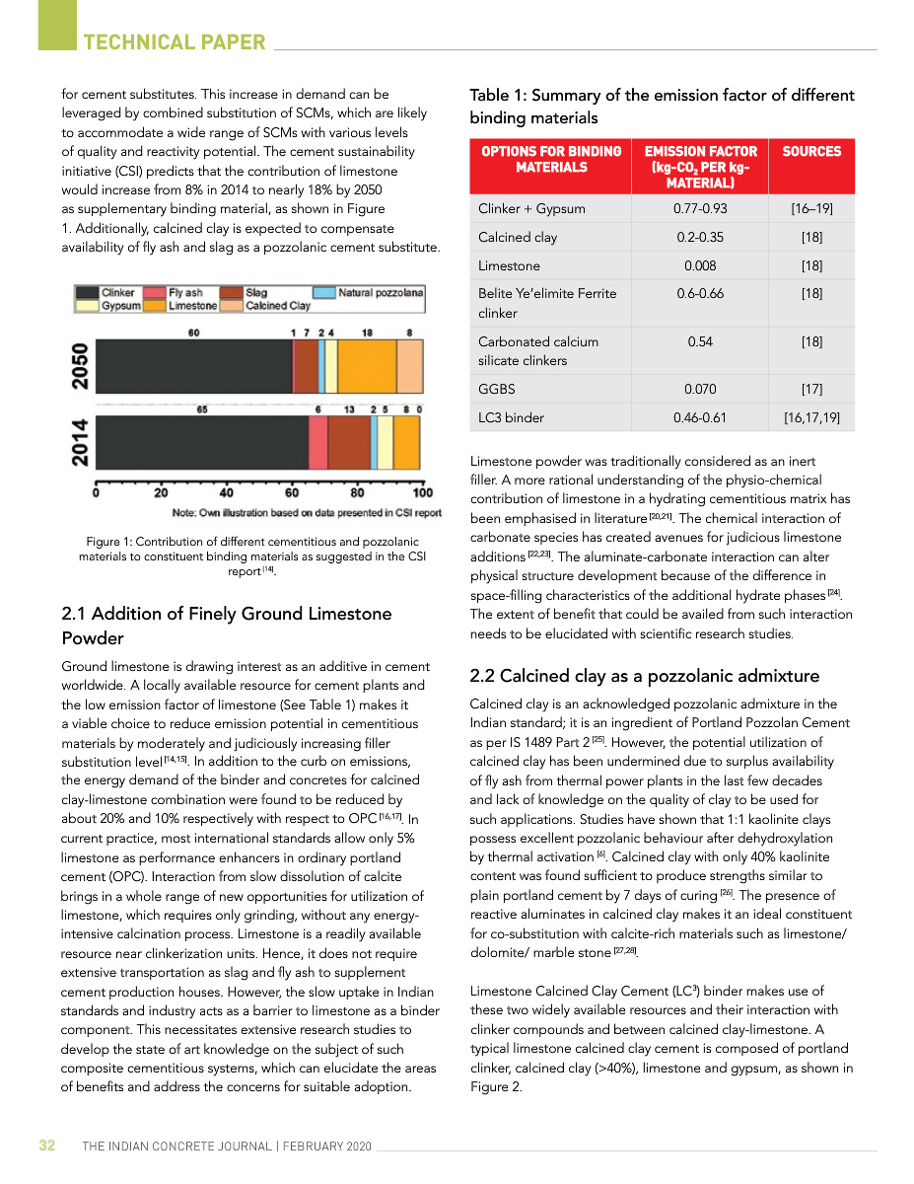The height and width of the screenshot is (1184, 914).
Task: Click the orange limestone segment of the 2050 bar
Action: [367, 365]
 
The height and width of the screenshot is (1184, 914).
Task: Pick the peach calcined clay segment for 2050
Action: [409, 365]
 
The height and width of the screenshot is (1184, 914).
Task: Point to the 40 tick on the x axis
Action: [226, 493]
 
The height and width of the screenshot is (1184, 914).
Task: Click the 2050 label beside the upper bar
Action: [82, 365]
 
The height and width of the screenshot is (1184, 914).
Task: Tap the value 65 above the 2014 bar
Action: [201, 408]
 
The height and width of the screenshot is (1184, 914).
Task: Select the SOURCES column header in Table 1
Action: [811, 152]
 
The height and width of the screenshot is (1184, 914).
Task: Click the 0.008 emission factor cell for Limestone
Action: [700, 265]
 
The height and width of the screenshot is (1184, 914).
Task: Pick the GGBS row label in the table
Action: [497, 389]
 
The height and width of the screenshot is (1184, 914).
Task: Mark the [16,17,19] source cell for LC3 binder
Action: [811, 417]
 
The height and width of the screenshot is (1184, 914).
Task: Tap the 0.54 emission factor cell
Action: [700, 341]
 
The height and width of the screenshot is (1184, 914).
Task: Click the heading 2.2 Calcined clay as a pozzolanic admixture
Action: [645, 676]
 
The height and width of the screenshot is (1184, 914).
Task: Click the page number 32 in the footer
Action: [46, 1146]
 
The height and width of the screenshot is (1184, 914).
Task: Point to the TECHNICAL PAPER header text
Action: [175, 42]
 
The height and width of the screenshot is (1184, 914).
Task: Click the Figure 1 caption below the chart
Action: [252, 556]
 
